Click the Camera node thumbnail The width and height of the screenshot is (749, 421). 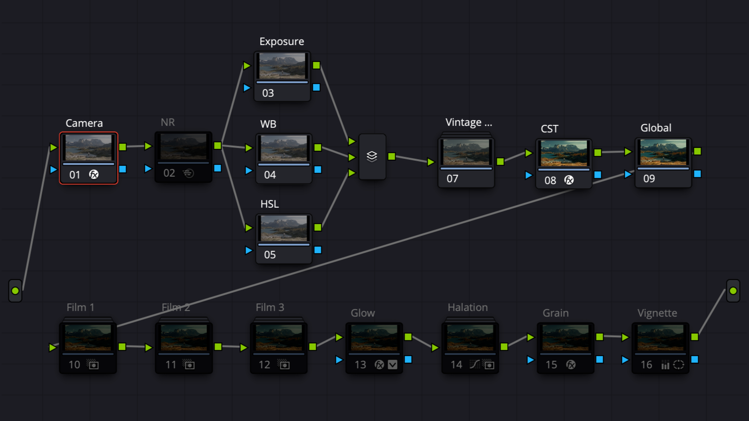coord(88,148)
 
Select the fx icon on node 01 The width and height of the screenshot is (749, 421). coord(94,174)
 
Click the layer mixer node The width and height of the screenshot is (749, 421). coord(372,156)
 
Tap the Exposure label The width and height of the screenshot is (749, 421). coord(281,41)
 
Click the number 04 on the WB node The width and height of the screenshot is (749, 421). coord(270,175)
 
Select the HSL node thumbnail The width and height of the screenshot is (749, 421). coord(284,228)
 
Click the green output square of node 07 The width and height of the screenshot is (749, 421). coord(501,161)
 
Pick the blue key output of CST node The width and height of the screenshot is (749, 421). coord(598,174)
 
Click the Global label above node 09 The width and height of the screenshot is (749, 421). coord(655,128)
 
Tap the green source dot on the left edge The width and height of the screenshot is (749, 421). coord(15,291)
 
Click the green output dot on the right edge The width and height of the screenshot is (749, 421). coord(733,291)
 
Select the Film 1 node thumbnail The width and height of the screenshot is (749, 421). coord(88,337)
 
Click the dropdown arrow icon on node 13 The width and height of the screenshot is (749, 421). coord(393,365)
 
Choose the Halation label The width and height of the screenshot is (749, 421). coord(467,307)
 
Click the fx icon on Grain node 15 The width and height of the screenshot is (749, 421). coord(571,365)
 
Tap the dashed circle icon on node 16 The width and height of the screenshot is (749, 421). coord(678,365)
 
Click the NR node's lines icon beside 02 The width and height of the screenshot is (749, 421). coord(188,173)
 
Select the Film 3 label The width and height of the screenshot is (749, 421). coord(270,307)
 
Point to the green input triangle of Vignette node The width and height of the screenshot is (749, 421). coord(625,337)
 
